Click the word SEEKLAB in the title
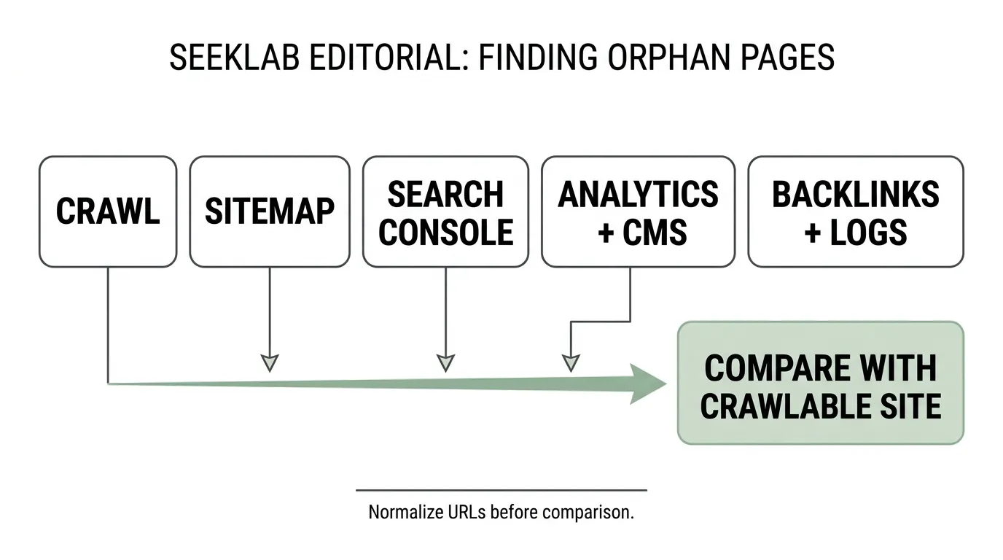[x=234, y=58]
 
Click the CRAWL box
[x=108, y=211]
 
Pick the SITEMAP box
[x=270, y=211]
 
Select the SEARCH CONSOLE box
[x=445, y=211]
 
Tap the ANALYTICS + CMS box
[x=638, y=211]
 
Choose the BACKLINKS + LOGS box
[x=856, y=211]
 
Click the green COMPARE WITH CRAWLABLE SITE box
[x=820, y=383]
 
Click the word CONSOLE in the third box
[x=445, y=232]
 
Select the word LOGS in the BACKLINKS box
[x=869, y=232]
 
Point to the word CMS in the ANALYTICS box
[x=655, y=232]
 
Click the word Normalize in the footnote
[x=406, y=512]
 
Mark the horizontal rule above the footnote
[x=501, y=490]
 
